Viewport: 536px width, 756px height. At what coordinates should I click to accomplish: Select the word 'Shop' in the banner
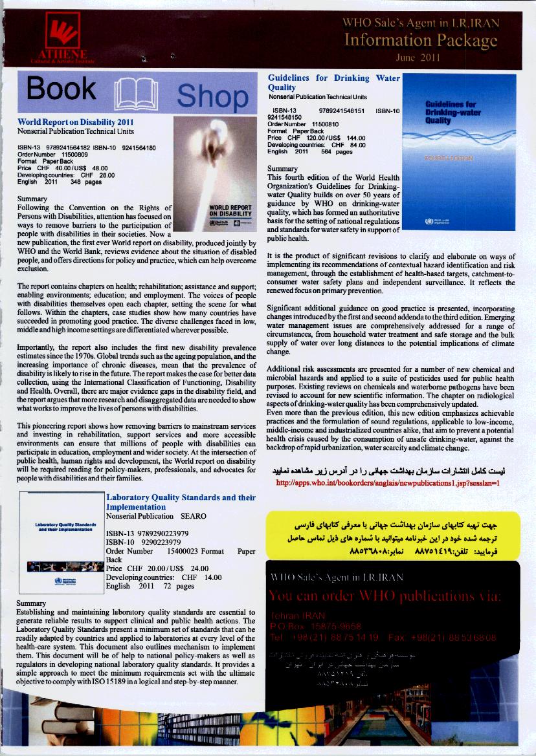(212, 96)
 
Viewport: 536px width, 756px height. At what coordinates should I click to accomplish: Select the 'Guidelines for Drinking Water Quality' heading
(333, 82)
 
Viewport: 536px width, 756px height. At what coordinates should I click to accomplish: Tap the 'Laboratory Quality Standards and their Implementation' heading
(180, 502)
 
